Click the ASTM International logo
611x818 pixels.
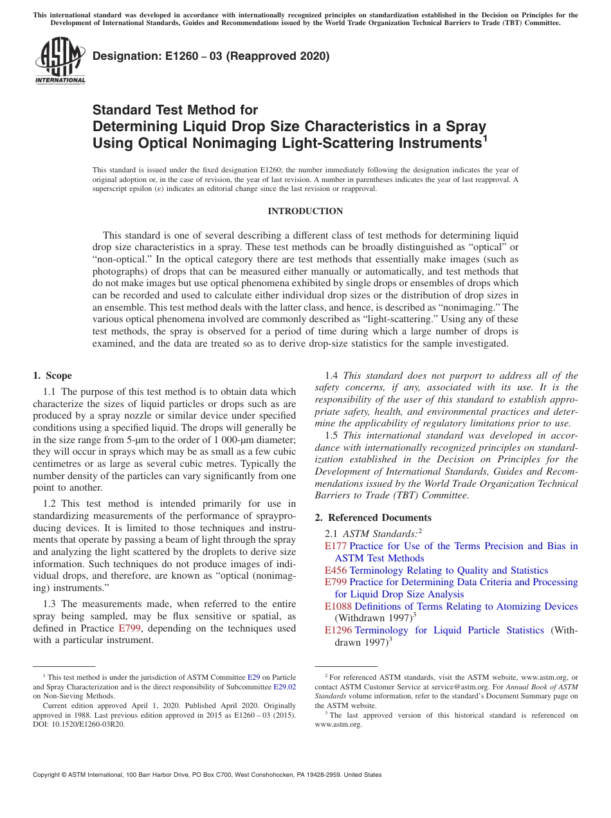60,61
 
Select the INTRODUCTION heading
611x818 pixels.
305,211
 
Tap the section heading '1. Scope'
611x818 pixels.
52,376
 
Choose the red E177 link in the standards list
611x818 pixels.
336,546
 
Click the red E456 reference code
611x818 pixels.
336,570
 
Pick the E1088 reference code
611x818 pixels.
338,606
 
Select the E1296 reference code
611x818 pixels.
338,630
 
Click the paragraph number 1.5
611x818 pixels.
331,435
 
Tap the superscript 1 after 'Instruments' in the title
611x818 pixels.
485,138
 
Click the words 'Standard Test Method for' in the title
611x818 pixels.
175,110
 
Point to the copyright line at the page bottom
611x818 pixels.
207,775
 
